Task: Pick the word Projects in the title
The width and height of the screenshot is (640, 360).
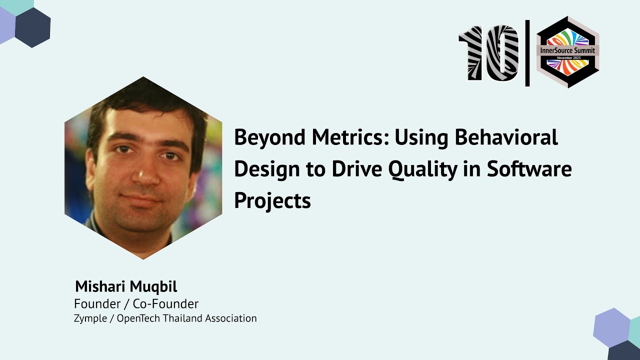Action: pyautogui.click(x=272, y=201)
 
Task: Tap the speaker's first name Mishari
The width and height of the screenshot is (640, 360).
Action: pyautogui.click(x=100, y=287)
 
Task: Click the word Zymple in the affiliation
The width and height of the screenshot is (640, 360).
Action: pyautogui.click(x=90, y=318)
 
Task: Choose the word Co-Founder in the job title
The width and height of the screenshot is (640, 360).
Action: pyautogui.click(x=165, y=303)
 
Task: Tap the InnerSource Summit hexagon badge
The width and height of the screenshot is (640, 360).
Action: pyautogui.click(x=567, y=52)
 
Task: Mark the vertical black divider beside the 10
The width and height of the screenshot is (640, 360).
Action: pyautogui.click(x=527, y=53)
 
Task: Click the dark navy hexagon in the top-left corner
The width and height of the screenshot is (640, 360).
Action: pyautogui.click(x=32, y=27)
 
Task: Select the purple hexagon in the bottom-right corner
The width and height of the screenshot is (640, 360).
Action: pyautogui.click(x=611, y=327)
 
